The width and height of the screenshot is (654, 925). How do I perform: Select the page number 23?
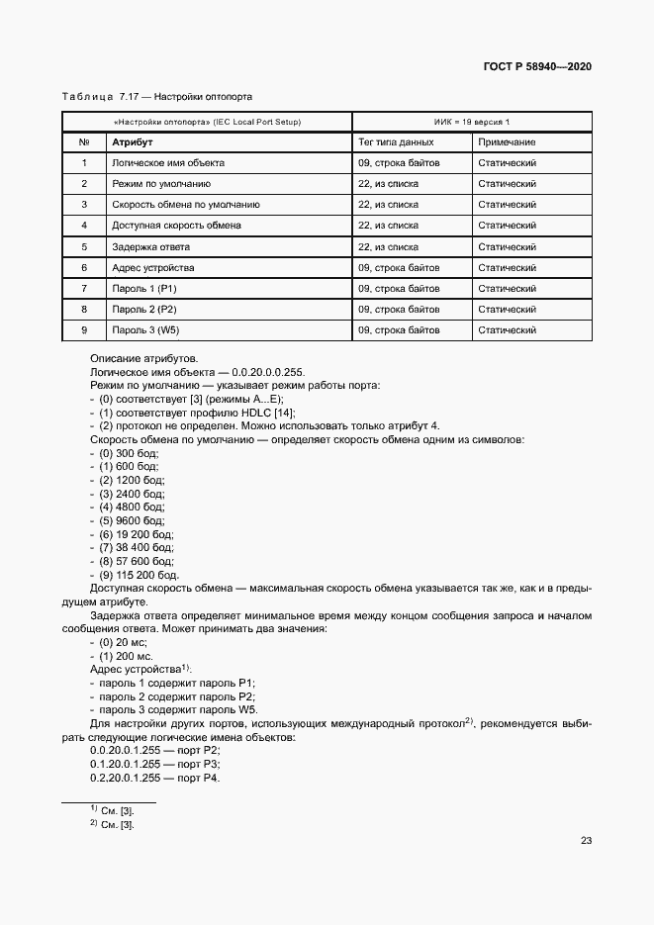tap(586, 840)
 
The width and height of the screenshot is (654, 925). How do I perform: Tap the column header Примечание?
tap(507, 142)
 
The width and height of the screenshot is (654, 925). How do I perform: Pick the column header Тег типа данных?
tap(396, 142)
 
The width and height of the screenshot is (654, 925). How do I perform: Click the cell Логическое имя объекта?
tap(167, 163)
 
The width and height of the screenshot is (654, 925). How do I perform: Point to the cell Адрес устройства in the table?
tap(153, 267)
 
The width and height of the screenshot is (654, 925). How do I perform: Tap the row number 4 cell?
tap(84, 226)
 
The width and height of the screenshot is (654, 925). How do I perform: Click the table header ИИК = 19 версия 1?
tap(472, 122)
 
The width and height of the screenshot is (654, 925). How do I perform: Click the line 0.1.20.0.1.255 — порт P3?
tap(154, 764)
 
